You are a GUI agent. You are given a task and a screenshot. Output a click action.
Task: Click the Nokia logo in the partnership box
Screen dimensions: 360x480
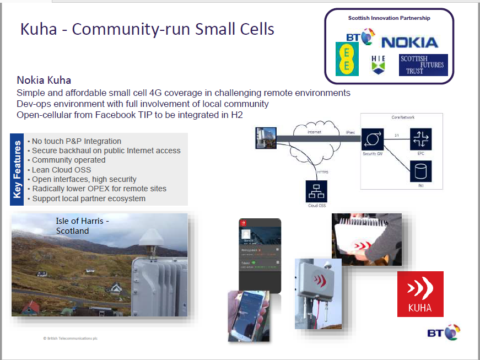pyautogui.click(x=409, y=42)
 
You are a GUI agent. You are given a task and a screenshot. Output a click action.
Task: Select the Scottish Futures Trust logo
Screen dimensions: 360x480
pyautogui.click(x=423, y=65)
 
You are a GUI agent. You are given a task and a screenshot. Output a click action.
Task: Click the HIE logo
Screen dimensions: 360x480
pyautogui.click(x=378, y=64)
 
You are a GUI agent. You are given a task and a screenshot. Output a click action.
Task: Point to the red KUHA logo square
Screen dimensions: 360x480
pyautogui.click(x=420, y=294)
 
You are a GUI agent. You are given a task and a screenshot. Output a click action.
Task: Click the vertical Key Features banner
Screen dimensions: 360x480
pyautogui.click(x=17, y=169)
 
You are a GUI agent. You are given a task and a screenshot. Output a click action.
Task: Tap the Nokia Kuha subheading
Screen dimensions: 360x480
pyautogui.click(x=44, y=80)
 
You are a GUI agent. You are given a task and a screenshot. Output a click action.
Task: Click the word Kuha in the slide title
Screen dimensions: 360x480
pyautogui.click(x=39, y=29)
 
